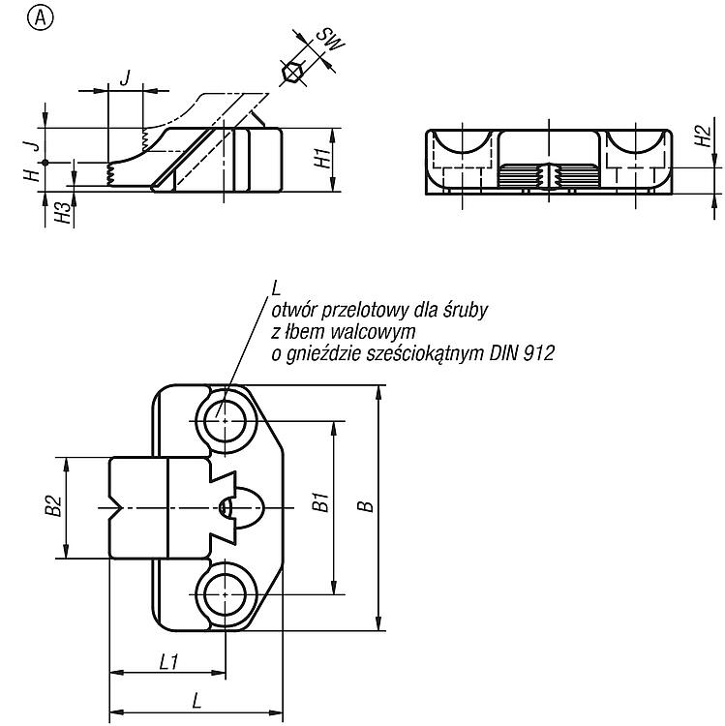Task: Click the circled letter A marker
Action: [x=41, y=18]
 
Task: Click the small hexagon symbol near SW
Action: [x=292, y=73]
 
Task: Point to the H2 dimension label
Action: [x=704, y=136]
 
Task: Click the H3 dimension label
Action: [x=64, y=213]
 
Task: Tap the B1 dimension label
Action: [x=320, y=502]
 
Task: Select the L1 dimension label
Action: [x=168, y=662]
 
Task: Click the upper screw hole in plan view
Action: [x=225, y=421]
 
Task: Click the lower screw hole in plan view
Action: [x=225, y=594]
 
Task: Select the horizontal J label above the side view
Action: [x=125, y=77]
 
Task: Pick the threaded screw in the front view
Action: [x=549, y=176]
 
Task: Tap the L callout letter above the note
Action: [x=276, y=288]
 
